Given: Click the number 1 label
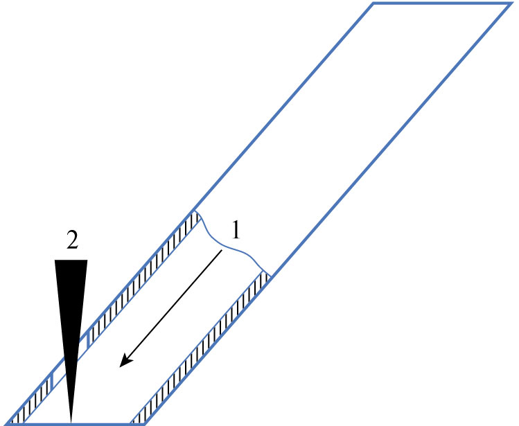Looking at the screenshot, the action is tap(236, 229).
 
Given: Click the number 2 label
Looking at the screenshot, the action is tap(72, 241).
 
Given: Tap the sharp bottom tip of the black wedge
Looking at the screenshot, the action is tap(71, 423).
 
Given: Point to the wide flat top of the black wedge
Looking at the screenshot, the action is tap(71, 261).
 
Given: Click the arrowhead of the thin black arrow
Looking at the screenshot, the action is tap(125, 361).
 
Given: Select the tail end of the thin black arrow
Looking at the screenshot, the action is tap(222, 251).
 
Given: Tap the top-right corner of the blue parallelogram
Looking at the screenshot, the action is tap(510, 4).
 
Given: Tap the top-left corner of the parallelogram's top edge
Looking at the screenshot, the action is tap(373, 4).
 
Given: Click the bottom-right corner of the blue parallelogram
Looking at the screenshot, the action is tap(144, 424).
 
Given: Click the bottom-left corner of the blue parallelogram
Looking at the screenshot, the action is tap(8, 424).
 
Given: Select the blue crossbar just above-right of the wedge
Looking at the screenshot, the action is tap(88, 341).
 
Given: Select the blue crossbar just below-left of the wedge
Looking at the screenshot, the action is tap(52, 381).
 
